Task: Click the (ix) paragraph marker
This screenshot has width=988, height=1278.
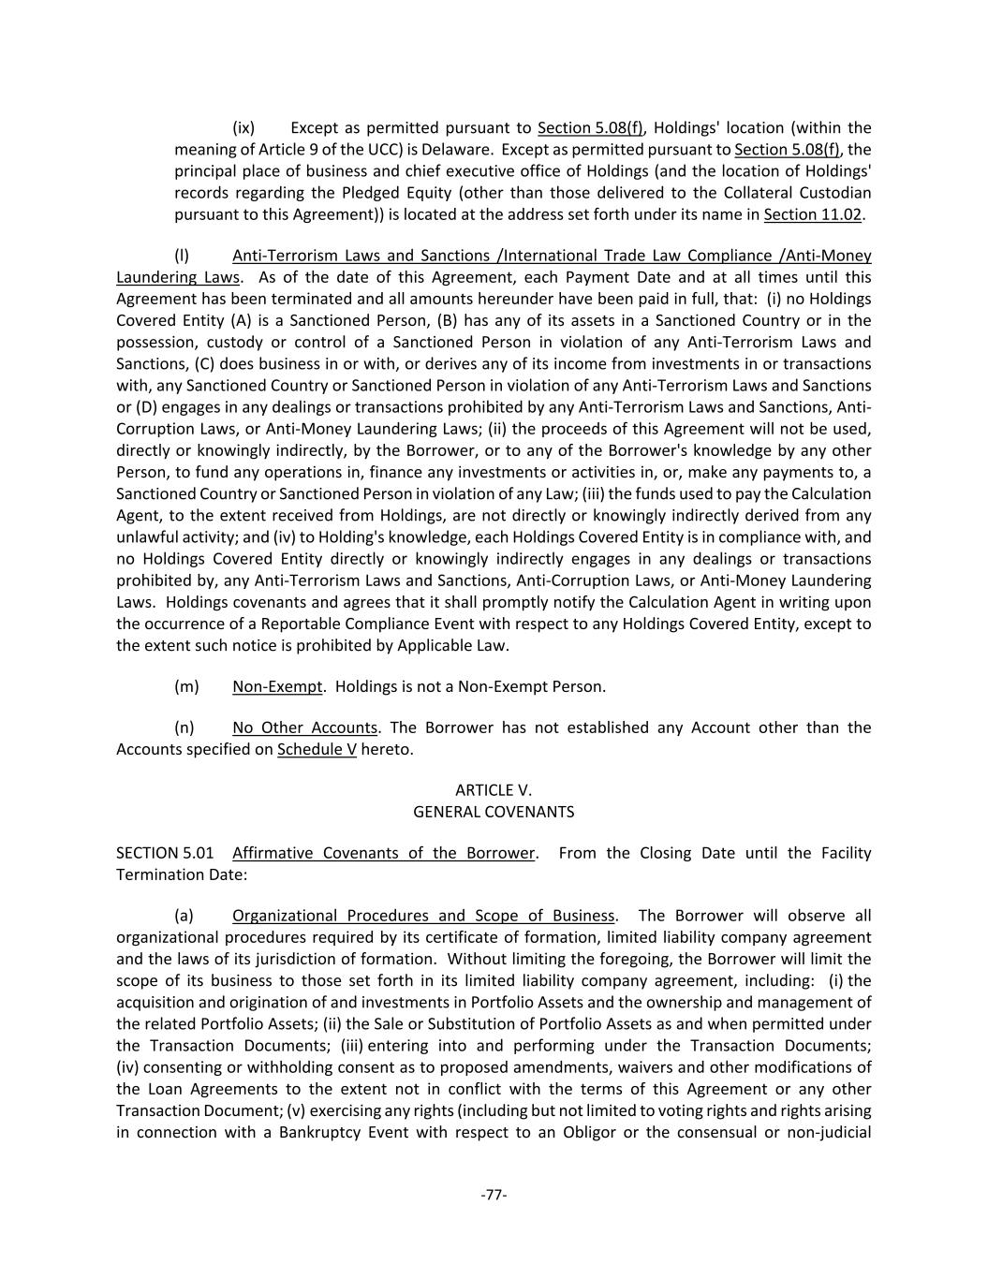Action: pos(243,128)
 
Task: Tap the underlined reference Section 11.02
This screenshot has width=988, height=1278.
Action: pos(813,214)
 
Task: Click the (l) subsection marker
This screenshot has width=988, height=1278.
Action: pos(182,256)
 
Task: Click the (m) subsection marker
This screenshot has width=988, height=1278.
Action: pos(186,686)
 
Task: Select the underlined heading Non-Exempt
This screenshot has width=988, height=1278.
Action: pos(276,686)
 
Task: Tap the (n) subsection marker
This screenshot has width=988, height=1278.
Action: pos(184,727)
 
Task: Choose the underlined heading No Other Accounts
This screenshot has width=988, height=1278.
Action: pos(304,727)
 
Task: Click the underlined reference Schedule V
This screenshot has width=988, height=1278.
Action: pos(317,749)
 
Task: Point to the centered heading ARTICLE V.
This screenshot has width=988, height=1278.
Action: pos(494,790)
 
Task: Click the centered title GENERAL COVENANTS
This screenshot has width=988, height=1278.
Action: pos(494,812)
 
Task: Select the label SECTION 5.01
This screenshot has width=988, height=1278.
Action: pos(165,853)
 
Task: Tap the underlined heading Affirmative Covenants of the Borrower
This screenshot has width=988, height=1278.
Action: pos(383,853)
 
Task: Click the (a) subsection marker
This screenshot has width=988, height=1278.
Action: pos(184,916)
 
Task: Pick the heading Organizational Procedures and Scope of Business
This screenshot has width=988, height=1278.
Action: pos(423,916)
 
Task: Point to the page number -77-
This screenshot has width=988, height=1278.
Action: pos(494,1195)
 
